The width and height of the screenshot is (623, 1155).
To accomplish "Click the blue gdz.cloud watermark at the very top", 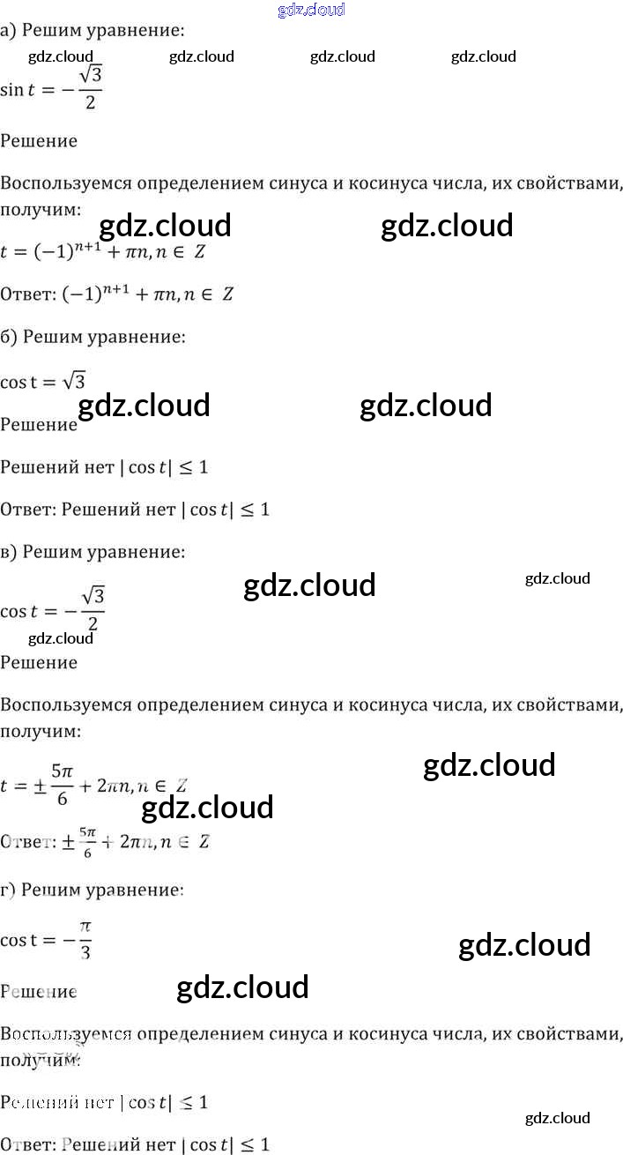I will [311, 10].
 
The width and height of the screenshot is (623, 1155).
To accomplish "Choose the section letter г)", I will [8, 890].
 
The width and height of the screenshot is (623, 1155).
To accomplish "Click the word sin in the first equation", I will [12, 89].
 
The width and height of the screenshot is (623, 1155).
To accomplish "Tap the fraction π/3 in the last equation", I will [85, 940].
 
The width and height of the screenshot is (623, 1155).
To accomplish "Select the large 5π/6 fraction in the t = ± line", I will [61, 783].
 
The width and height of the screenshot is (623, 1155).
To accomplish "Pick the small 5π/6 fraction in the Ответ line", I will [86, 841].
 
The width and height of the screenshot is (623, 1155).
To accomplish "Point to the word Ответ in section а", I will [26, 294].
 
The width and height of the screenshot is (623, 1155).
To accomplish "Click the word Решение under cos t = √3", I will [39, 425].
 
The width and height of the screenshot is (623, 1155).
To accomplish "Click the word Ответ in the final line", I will [26, 1145].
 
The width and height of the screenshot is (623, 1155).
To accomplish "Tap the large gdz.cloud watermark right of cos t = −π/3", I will [524, 945].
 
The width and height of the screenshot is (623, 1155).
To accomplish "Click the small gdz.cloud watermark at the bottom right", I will [557, 1118].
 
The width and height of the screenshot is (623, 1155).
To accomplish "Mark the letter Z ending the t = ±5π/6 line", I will [182, 786].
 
